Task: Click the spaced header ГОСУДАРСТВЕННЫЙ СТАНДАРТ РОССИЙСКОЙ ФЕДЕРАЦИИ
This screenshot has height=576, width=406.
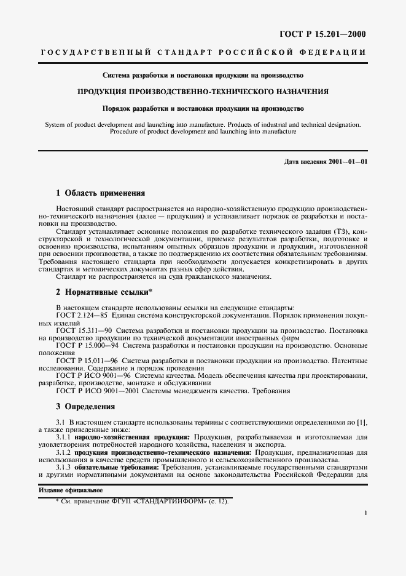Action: [x=203, y=53]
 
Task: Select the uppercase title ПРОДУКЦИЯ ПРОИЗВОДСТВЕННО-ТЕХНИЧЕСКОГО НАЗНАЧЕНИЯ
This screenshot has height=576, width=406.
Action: [x=203, y=92]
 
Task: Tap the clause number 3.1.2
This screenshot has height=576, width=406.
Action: [x=64, y=452]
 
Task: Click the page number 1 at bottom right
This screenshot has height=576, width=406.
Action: [x=365, y=512]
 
